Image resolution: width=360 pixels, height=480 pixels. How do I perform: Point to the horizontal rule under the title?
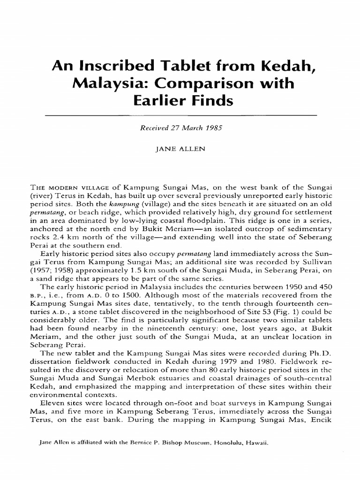[180, 114]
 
